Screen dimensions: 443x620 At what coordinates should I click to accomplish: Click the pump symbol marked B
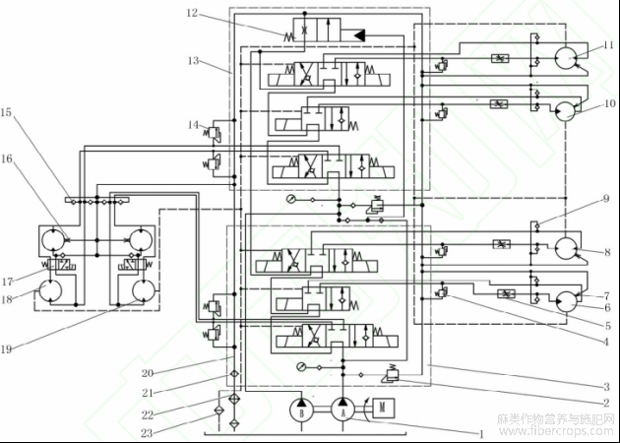click(299, 410)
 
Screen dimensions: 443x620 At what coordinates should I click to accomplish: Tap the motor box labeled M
click(378, 408)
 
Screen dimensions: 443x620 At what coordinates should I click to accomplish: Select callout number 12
click(192, 13)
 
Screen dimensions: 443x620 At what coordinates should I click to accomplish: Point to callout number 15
click(7, 113)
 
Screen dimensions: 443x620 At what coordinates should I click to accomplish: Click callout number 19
click(7, 348)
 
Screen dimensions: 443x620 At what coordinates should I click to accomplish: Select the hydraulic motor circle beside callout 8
click(567, 249)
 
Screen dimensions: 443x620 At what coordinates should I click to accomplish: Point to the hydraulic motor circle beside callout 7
click(567, 302)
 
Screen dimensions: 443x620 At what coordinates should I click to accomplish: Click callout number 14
click(192, 124)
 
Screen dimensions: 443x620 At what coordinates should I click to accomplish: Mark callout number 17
click(7, 280)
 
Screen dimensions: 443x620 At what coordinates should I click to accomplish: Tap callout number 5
click(610, 325)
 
